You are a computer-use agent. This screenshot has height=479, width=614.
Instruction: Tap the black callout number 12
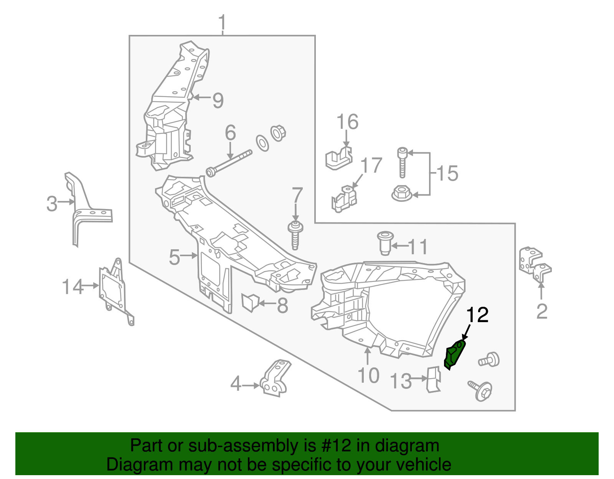pyautogui.click(x=477, y=315)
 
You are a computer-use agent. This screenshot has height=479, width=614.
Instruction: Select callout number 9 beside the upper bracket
pyautogui.click(x=218, y=100)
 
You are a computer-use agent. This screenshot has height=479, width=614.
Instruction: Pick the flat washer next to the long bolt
pyautogui.click(x=262, y=143)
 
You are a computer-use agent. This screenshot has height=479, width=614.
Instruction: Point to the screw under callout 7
pyautogui.click(x=295, y=235)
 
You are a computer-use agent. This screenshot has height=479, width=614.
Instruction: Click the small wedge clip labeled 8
pyautogui.click(x=250, y=301)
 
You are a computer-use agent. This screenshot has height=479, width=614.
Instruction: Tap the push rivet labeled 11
pyautogui.click(x=384, y=242)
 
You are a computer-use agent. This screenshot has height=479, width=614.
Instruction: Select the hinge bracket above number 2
pyautogui.click(x=535, y=264)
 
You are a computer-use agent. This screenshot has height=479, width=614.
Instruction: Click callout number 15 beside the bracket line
pyautogui.click(x=447, y=173)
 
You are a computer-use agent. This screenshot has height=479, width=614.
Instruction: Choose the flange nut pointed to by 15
pyautogui.click(x=401, y=193)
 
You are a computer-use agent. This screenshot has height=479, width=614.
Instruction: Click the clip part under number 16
pyautogui.click(x=338, y=158)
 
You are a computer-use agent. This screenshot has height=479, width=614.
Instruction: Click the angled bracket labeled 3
pyautogui.click(x=84, y=209)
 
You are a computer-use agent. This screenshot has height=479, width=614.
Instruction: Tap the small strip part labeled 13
pyautogui.click(x=433, y=380)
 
